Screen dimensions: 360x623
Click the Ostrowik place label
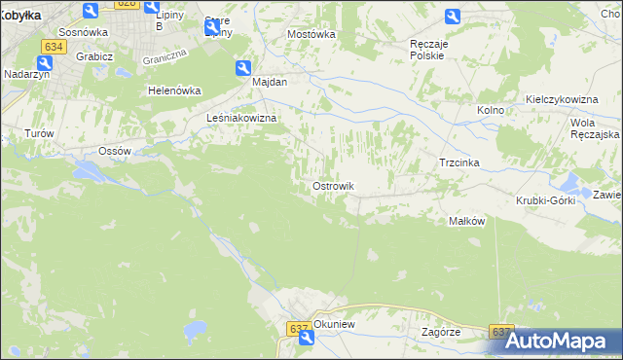pos(332,186)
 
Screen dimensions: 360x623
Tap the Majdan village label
pos(270,83)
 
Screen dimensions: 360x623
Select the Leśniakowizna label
pos(242,119)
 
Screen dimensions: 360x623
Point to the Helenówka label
pos(174,90)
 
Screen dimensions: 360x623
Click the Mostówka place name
pos(311,34)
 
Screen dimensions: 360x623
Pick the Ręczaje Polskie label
pos(427,50)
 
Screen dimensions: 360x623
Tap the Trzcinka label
pos(460,162)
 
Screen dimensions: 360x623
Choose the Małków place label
pos(466,221)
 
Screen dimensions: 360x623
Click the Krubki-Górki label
pos(546,200)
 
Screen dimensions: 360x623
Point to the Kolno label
pos(491,110)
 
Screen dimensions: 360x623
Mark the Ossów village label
pos(115,152)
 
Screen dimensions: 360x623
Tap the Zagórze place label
pos(441,332)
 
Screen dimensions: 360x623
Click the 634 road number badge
pos(54,45)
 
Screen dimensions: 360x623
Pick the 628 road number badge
pos(127,4)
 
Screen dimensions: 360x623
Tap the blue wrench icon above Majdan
pos(242,67)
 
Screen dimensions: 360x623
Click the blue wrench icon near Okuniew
pos(307,338)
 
